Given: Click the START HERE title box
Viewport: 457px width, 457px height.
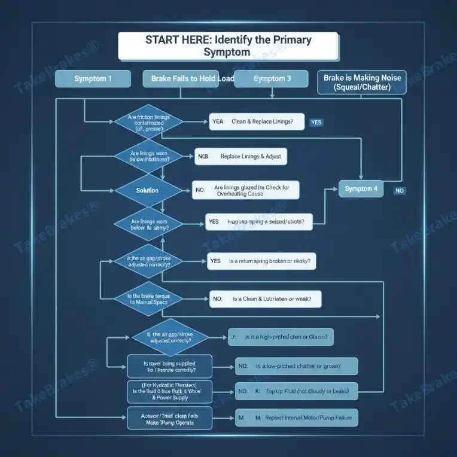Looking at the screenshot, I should pyautogui.click(x=228, y=46).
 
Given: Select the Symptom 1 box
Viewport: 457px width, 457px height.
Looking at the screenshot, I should pyautogui.click(x=93, y=79).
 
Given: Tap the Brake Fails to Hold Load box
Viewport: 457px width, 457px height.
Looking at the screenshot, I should pyautogui.click(x=188, y=79).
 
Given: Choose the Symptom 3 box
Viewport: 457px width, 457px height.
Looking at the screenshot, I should pyautogui.click(x=272, y=79).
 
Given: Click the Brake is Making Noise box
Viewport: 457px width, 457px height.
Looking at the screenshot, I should pyautogui.click(x=362, y=82).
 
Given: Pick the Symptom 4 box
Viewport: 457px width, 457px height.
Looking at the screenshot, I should pyautogui.click(x=361, y=188).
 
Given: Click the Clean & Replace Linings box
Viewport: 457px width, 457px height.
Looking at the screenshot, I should pyautogui.click(x=255, y=121).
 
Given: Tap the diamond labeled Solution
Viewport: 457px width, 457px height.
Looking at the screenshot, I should pyautogui.click(x=147, y=190).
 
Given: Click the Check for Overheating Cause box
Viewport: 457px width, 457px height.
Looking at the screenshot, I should pyautogui.click(x=245, y=191).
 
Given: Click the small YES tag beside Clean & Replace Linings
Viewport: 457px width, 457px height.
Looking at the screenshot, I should pyautogui.click(x=316, y=122).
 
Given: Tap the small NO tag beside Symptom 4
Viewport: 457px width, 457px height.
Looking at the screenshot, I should pyautogui.click(x=400, y=191).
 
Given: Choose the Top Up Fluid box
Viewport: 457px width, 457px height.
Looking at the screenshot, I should pyautogui.click(x=297, y=392).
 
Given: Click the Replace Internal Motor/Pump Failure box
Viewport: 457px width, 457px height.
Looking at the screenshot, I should pyautogui.click(x=297, y=418).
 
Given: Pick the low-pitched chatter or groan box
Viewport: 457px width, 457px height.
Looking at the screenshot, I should pyautogui.click(x=297, y=365).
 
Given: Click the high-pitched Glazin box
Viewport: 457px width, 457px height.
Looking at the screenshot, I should pyautogui.click(x=281, y=337).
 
